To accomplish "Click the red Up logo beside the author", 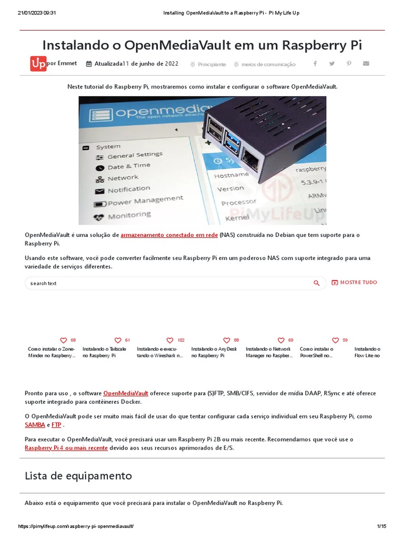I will point(38,64).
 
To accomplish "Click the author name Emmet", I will point(67,63).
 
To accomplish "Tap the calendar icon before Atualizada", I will point(88,64).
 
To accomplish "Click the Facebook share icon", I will point(315,64).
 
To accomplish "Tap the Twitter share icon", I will point(332,64).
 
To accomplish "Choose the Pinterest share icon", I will point(349,64).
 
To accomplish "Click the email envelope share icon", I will point(366,64).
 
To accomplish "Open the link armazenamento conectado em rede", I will point(169,235).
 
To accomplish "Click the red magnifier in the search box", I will point(317,283).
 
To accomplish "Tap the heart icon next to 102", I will point(170,341).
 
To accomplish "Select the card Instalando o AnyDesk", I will point(214,352).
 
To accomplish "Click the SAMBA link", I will point(35,424).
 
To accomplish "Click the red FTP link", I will point(56,424).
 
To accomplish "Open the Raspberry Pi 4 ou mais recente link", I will point(66,448).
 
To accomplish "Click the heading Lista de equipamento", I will point(78,476).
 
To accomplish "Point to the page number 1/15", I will point(381,526).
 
